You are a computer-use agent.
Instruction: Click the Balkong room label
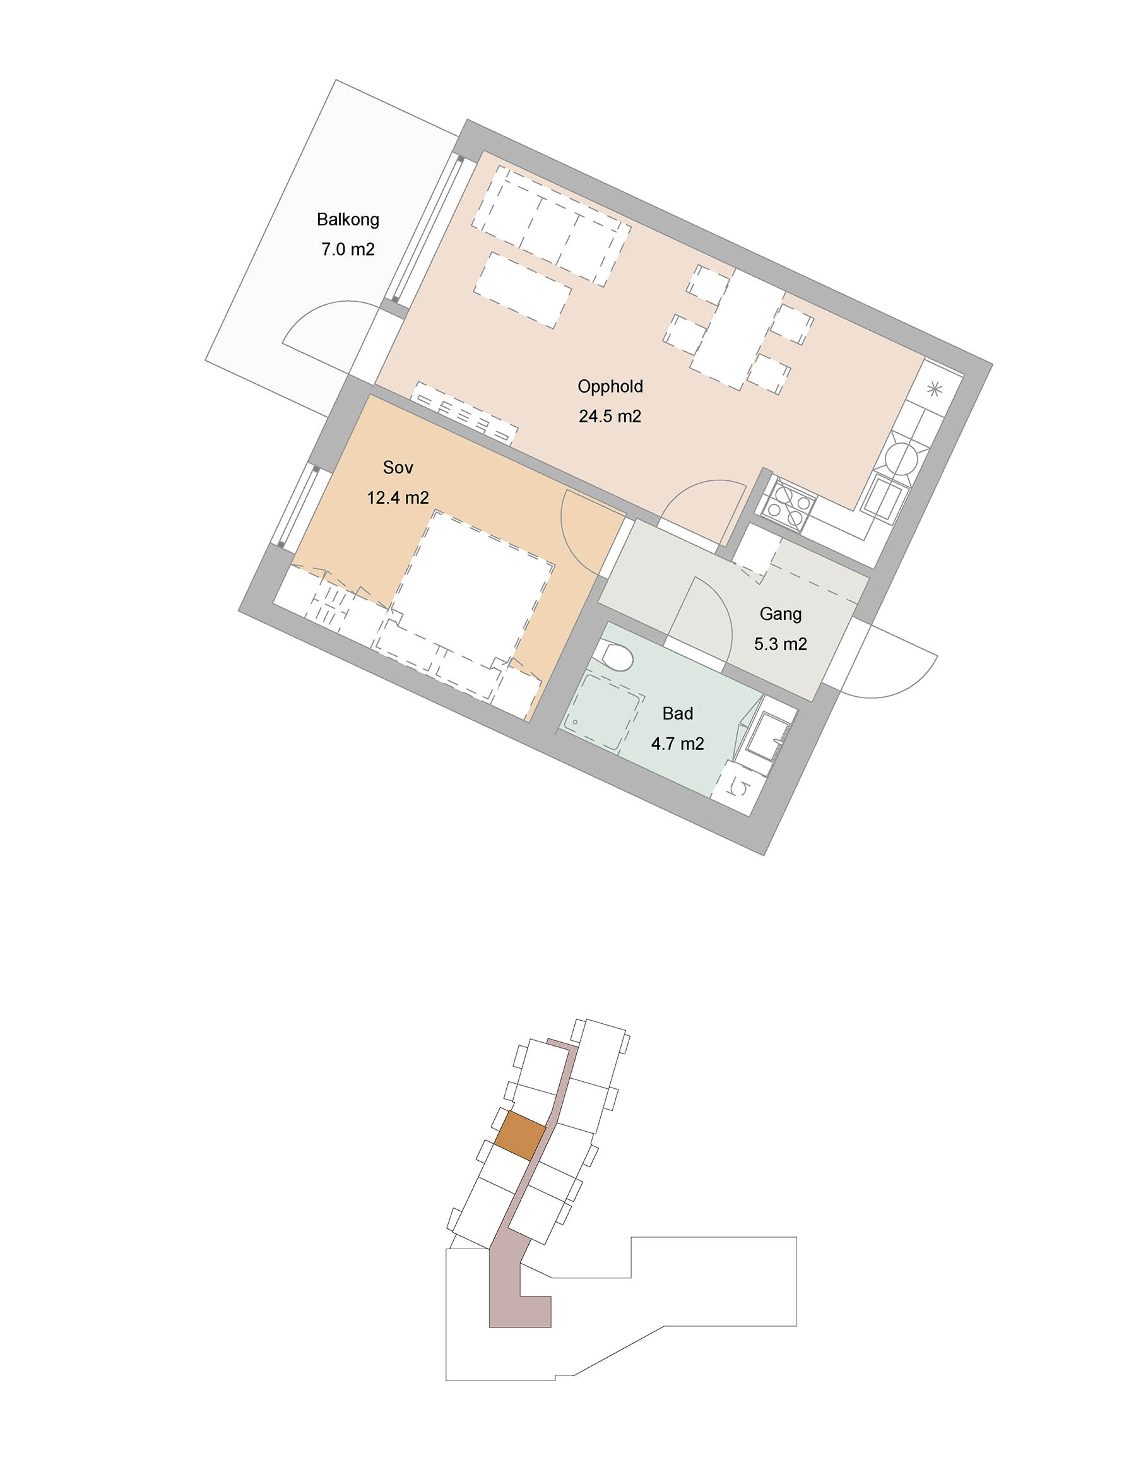tap(348, 220)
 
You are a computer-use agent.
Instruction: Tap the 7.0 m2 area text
tap(348, 249)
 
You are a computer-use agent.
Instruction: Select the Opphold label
tap(610, 387)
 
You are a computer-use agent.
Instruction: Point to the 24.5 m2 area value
tap(610, 417)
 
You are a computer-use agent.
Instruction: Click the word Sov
tap(398, 467)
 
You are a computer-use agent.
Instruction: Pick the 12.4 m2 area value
tap(398, 497)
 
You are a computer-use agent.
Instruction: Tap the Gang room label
tap(780, 614)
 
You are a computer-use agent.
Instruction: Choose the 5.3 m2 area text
tap(780, 644)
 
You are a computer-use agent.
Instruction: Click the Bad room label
tap(677, 713)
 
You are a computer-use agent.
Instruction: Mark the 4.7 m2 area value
tap(677, 744)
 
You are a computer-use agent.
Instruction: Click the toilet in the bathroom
tap(614, 655)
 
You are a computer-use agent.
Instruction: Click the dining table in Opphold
tap(737, 329)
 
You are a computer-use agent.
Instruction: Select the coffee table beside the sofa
tap(522, 290)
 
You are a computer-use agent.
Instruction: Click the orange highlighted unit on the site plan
tap(520, 1136)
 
